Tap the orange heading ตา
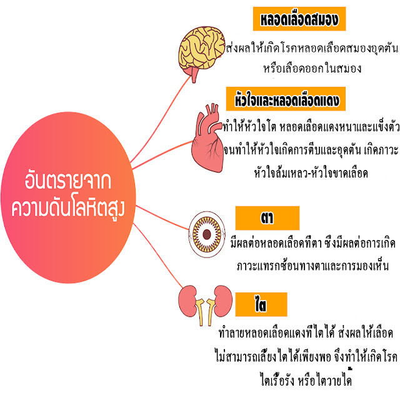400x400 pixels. (x=267, y=217)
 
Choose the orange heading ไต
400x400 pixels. (x=261, y=304)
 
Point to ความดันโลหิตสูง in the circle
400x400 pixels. (x=69, y=209)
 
